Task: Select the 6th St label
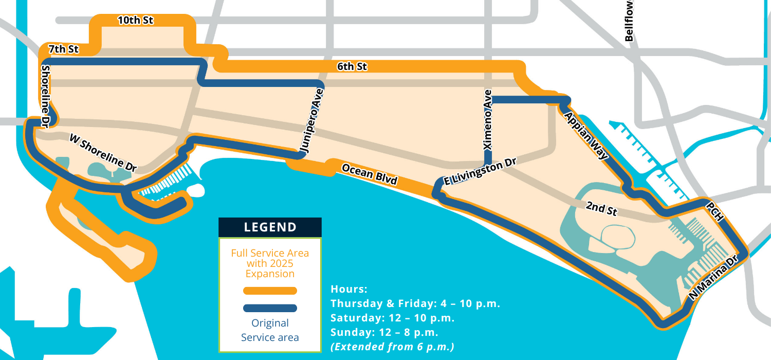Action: click(x=352, y=66)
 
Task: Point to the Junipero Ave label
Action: click(x=311, y=122)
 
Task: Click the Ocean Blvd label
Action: click(x=369, y=174)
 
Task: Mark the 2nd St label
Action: click(x=601, y=208)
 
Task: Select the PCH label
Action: click(x=715, y=211)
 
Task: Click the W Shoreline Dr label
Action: click(x=103, y=153)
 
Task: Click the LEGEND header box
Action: click(x=270, y=227)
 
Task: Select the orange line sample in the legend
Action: click(x=270, y=291)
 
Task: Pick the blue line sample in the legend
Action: click(x=270, y=308)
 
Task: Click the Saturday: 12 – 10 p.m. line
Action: click(x=393, y=317)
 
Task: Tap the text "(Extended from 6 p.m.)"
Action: click(x=393, y=347)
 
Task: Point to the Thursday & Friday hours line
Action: click(x=415, y=303)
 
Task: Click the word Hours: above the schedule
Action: click(x=349, y=289)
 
